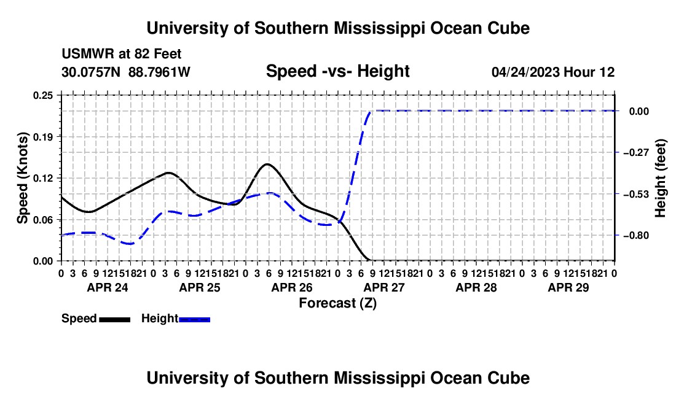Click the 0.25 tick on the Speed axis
click(x=42, y=95)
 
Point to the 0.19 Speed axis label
click(x=42, y=137)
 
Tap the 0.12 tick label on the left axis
click(x=42, y=178)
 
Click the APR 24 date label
click(x=108, y=287)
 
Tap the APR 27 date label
click(x=384, y=287)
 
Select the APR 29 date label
click(x=568, y=287)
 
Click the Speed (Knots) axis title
click(x=22, y=178)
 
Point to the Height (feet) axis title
click(x=660, y=178)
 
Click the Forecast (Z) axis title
click(x=338, y=303)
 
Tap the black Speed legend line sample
click(x=115, y=319)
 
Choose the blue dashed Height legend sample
click(x=194, y=319)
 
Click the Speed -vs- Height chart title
click(x=337, y=71)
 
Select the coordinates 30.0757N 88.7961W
click(x=126, y=72)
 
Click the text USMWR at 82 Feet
click(x=122, y=54)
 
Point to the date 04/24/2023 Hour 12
click(x=553, y=72)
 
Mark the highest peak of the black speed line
click(x=267, y=164)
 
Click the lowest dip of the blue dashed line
click(x=130, y=244)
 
